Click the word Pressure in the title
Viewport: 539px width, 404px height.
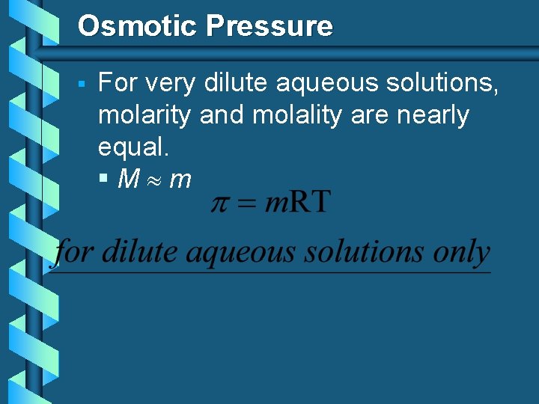(x=269, y=26)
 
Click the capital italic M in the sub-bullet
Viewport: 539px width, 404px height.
(x=130, y=180)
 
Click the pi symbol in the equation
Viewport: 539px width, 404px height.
(x=219, y=203)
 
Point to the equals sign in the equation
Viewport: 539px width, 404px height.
(x=246, y=204)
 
